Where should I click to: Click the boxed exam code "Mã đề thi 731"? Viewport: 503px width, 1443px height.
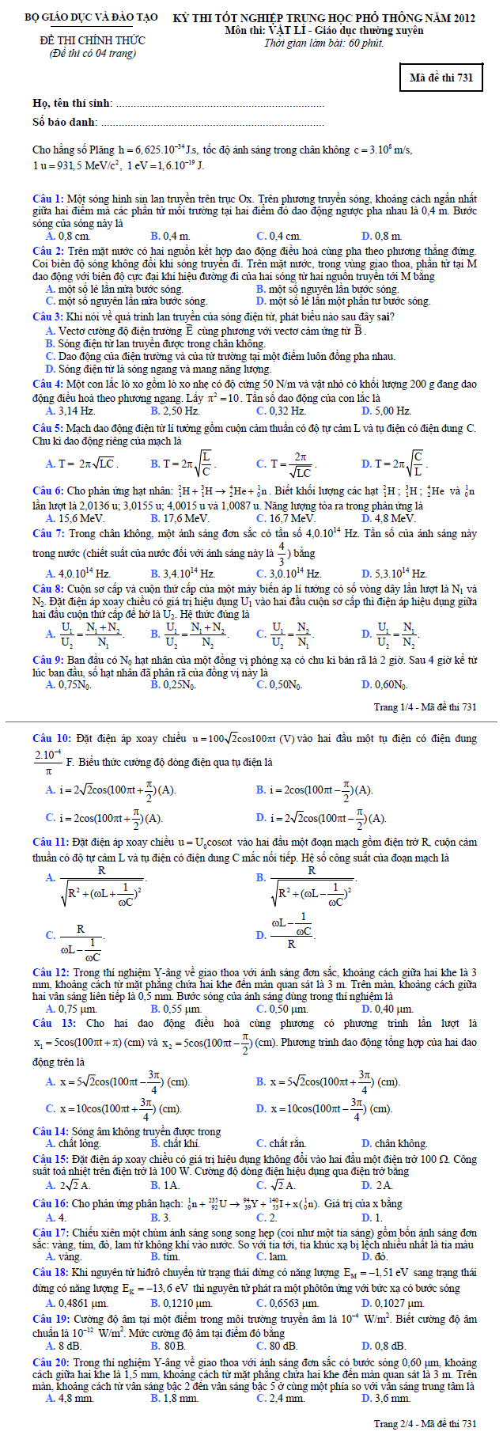click(x=441, y=77)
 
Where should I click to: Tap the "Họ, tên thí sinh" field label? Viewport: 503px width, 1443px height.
click(x=72, y=103)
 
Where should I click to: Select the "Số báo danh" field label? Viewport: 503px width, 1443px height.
click(x=65, y=122)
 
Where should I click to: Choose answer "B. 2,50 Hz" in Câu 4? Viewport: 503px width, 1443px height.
click(x=175, y=411)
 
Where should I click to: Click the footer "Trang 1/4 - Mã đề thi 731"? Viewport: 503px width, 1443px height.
click(x=425, y=706)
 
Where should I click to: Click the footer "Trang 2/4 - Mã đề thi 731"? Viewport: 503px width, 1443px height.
click(x=425, y=1424)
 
